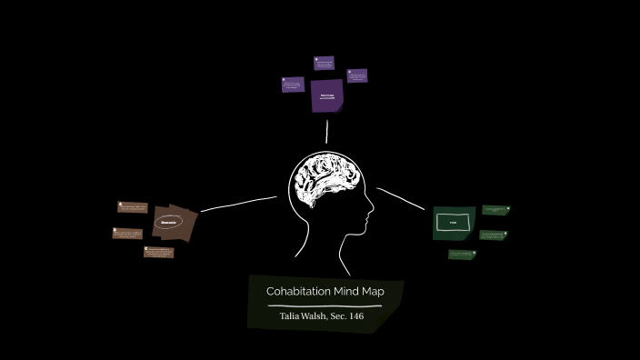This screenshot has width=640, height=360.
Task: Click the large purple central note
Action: [x=326, y=95]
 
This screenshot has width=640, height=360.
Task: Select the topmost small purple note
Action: [x=325, y=63]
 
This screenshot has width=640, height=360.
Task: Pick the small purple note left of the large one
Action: [x=293, y=85]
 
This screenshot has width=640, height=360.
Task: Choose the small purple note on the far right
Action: [x=357, y=76]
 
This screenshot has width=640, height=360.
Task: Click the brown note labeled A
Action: [x=133, y=208]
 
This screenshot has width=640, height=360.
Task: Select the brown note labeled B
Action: [x=127, y=234]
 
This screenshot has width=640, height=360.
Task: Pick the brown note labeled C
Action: [x=158, y=252]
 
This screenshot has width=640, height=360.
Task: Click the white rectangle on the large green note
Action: [x=452, y=222]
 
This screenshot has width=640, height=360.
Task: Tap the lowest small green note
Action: [x=463, y=255]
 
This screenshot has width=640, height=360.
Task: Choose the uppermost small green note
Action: [x=495, y=210]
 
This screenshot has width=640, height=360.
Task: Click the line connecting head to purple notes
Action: [x=326, y=132]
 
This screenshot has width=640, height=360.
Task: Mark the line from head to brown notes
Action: [x=238, y=204]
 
